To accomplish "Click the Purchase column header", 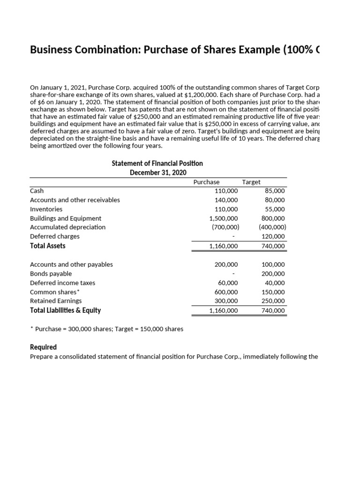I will click(x=206, y=182).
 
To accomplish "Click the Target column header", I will click(x=251, y=182).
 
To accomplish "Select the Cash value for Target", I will click(x=275, y=191).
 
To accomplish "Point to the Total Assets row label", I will click(x=48, y=246).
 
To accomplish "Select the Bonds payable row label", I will click(x=51, y=273).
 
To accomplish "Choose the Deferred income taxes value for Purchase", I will click(x=228, y=283).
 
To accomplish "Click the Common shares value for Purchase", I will click(x=226, y=292).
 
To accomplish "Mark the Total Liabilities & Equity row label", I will click(x=65, y=310).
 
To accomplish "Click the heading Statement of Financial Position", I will click(x=157, y=163).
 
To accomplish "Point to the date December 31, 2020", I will click(x=157, y=172).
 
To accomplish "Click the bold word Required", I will click(x=43, y=347).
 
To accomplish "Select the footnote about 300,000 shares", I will click(x=106, y=329).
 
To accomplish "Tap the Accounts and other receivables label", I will click(x=75, y=200).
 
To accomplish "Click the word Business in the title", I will click(x=51, y=50).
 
